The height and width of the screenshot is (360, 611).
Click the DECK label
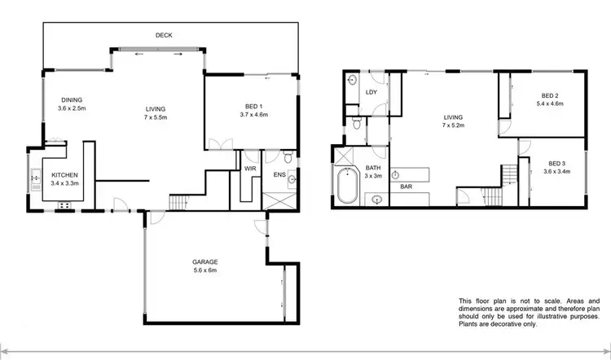[164, 35]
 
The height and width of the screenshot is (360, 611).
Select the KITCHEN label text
[64, 174]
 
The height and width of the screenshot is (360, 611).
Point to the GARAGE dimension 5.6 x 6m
[204, 270]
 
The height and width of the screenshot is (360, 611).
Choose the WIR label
[250, 168]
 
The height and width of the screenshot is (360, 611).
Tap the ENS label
[279, 173]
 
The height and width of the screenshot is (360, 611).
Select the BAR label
[404, 187]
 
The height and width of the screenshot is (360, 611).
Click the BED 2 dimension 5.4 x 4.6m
[551, 105]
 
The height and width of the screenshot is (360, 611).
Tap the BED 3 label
[556, 162]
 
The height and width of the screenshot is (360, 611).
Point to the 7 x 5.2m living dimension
[451, 125]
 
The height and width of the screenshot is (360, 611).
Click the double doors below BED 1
[216, 145]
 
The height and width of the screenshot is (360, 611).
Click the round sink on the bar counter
[394, 174]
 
